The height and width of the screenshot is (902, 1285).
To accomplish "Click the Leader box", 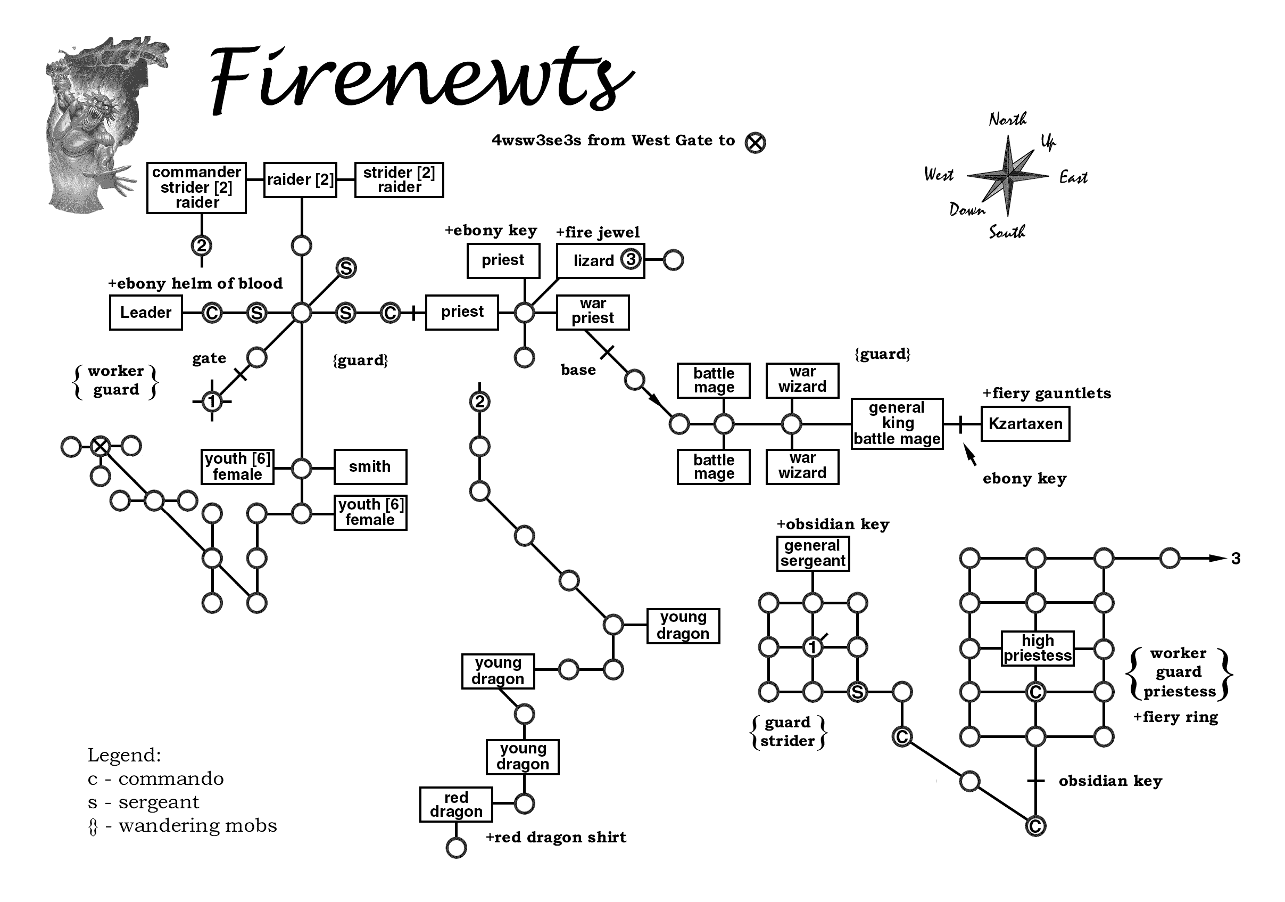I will [145, 313].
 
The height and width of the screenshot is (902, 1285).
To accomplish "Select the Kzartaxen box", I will [1025, 424].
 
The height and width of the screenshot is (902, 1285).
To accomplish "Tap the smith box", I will [370, 466].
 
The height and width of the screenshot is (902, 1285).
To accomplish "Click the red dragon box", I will [455, 805].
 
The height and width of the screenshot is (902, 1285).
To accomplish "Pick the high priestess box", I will [1037, 649].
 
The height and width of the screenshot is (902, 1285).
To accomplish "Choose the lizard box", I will [593, 261].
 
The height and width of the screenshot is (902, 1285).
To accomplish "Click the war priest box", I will [593, 312].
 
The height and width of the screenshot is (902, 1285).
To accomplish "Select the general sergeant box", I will [813, 553].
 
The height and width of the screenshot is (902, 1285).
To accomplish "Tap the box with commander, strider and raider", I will [196, 187].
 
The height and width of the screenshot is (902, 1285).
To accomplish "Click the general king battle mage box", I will [897, 424].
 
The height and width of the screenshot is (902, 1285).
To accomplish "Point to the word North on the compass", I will [1007, 119].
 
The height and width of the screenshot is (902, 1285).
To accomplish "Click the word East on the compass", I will [1073, 177].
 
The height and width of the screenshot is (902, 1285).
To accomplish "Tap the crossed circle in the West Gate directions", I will [755, 143].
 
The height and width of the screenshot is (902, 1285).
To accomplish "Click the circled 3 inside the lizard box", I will [631, 260].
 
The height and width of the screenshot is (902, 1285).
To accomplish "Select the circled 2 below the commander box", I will [202, 245].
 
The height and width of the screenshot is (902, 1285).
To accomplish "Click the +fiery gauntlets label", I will [1046, 393].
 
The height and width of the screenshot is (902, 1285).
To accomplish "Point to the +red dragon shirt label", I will [556, 837].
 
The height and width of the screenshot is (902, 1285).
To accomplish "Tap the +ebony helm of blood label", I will [195, 283].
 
